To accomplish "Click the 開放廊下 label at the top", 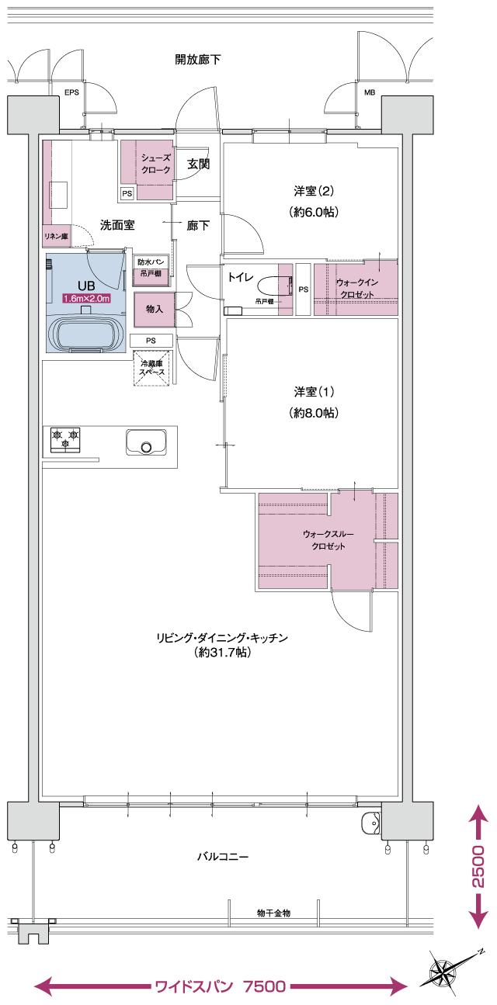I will click(198, 58).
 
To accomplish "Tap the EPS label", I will click(71, 93).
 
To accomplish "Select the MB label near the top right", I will click(369, 93).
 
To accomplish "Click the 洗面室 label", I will click(118, 225).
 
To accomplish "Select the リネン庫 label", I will click(56, 236).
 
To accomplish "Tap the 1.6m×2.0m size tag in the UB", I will click(86, 298).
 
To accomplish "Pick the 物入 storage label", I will click(155, 309).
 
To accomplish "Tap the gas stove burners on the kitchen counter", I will click(65, 439).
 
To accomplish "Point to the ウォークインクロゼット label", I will click(356, 289).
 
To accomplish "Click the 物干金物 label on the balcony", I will click(273, 913).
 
